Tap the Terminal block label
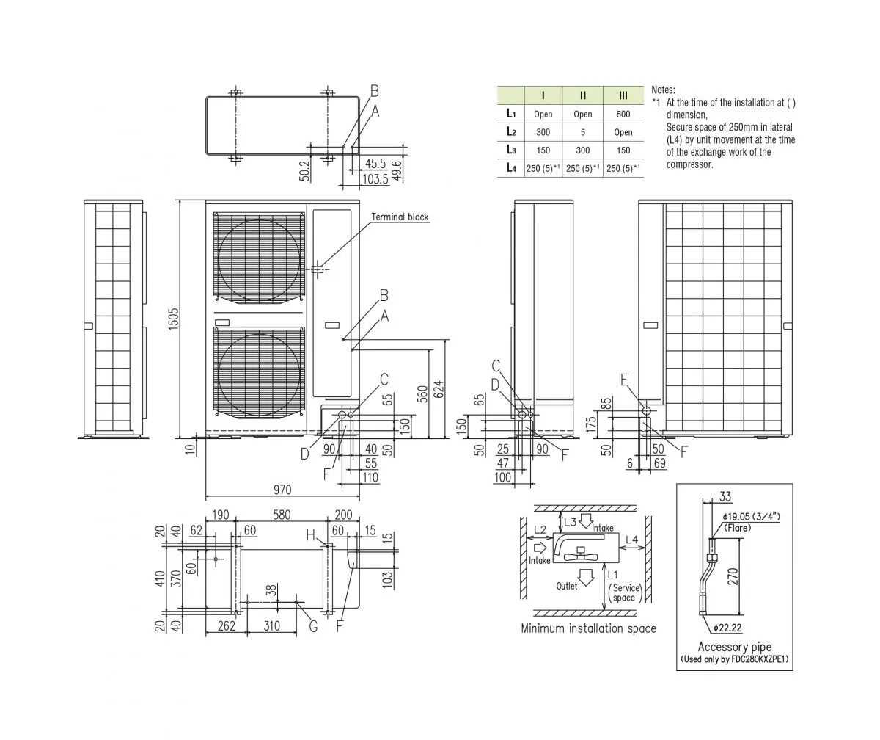[400, 217]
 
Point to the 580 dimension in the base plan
[281, 515]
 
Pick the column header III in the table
[623, 95]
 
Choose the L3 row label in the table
[510, 150]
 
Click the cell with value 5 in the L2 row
[583, 133]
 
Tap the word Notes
[663, 90]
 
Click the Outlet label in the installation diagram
[567, 586]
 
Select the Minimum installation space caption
[588, 628]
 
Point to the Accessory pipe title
[734, 647]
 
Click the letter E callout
[624, 380]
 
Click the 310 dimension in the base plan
[271, 625]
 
